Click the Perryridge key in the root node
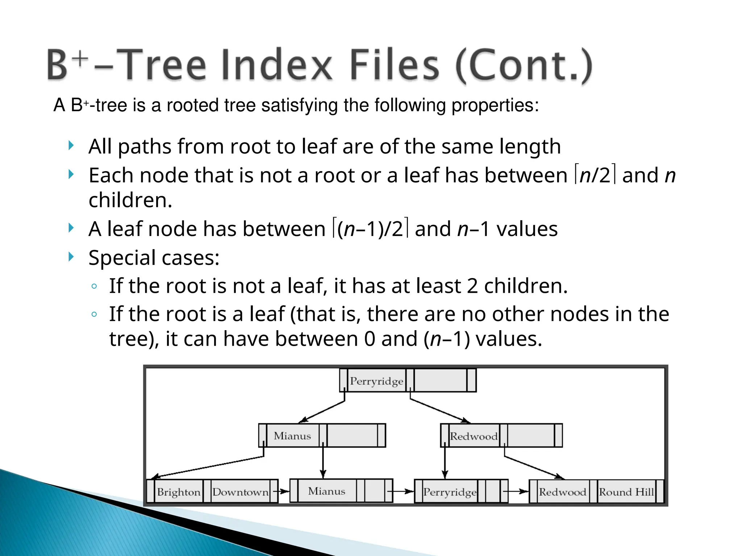[x=376, y=381]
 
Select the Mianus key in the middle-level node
[x=292, y=436]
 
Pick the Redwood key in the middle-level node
[x=474, y=436]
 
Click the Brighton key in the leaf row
[x=179, y=492]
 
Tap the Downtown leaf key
[x=240, y=492]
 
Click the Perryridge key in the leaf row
[x=450, y=492]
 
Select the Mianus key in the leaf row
[x=326, y=491]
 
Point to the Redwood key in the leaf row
[x=562, y=492]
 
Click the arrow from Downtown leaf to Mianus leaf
[x=282, y=492]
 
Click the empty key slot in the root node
[x=440, y=380]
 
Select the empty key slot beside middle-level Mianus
[x=352, y=435]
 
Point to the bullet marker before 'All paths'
[x=71, y=146]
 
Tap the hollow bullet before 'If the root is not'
[x=94, y=286]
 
